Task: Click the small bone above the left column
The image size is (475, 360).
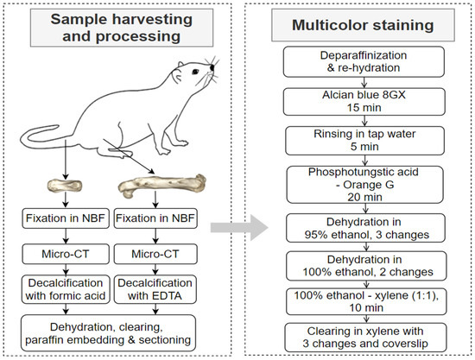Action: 64,185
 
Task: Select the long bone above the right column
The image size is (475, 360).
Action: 161,186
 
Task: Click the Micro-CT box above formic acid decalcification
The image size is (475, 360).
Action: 66,254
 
